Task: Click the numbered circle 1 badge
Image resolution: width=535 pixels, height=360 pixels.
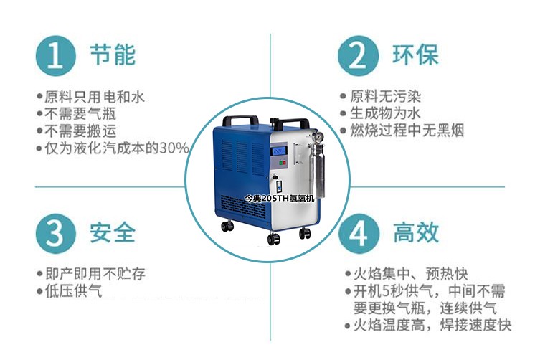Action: (x=55, y=56)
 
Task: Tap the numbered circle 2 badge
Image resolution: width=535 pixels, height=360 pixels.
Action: (x=359, y=56)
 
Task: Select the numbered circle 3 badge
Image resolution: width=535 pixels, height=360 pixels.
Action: (x=55, y=234)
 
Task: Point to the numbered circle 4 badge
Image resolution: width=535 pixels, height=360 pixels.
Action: (x=359, y=234)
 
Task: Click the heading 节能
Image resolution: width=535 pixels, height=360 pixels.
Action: (x=113, y=55)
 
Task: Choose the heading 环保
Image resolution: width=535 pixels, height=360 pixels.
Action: (x=415, y=55)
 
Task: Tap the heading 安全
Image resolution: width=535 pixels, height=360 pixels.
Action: (x=113, y=233)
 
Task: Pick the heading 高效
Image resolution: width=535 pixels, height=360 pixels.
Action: (x=416, y=233)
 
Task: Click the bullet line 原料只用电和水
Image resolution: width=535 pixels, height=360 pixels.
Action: (x=91, y=97)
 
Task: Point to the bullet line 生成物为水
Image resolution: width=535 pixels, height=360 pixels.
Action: (x=380, y=113)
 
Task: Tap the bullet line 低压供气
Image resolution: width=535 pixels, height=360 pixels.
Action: (x=70, y=291)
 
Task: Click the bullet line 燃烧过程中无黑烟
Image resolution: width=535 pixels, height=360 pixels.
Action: (x=402, y=131)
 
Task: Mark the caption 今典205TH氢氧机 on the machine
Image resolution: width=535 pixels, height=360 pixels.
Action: (x=280, y=198)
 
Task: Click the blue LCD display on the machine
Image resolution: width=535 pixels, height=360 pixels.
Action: (x=278, y=151)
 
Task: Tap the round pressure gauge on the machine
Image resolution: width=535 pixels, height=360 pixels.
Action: (x=318, y=137)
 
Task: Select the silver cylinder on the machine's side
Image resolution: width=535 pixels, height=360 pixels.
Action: (x=319, y=171)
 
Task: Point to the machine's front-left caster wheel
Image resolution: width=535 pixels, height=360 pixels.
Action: (x=273, y=239)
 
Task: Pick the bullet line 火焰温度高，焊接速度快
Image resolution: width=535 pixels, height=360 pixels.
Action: (x=429, y=325)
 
